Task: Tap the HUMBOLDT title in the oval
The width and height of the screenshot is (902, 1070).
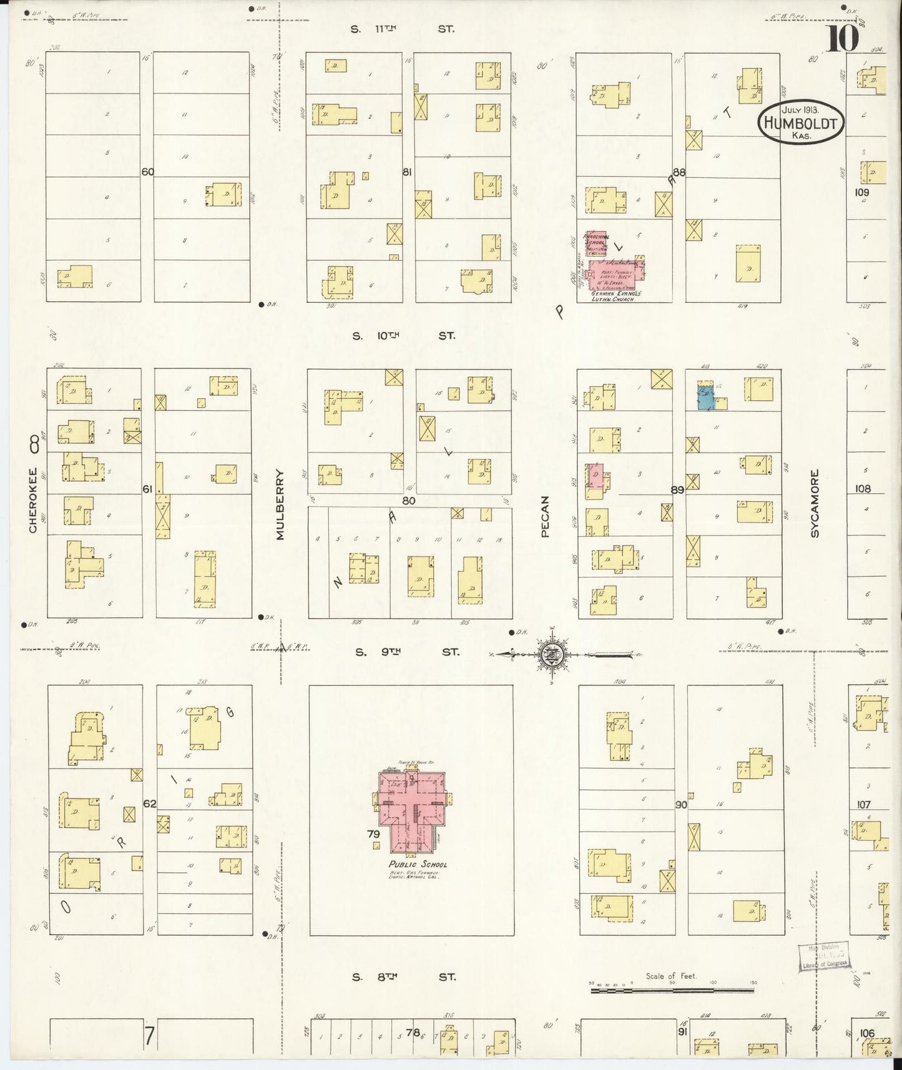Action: (x=801, y=123)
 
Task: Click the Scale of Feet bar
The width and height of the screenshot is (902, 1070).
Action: (x=672, y=989)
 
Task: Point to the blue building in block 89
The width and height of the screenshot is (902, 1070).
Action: (x=706, y=398)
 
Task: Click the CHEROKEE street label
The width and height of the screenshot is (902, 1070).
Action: (x=33, y=499)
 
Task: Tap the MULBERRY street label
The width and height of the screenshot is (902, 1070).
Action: (x=280, y=504)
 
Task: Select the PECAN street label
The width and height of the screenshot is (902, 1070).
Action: (x=545, y=516)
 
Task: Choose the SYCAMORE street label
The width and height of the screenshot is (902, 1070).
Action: (x=815, y=503)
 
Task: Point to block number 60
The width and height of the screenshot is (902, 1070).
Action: (x=147, y=172)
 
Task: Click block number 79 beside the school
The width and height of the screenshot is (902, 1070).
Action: (x=373, y=833)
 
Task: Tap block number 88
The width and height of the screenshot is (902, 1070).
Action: (x=679, y=172)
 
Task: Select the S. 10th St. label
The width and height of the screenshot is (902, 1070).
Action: (x=403, y=336)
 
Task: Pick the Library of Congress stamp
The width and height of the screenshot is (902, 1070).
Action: (x=824, y=955)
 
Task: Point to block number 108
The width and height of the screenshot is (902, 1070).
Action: (x=863, y=489)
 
